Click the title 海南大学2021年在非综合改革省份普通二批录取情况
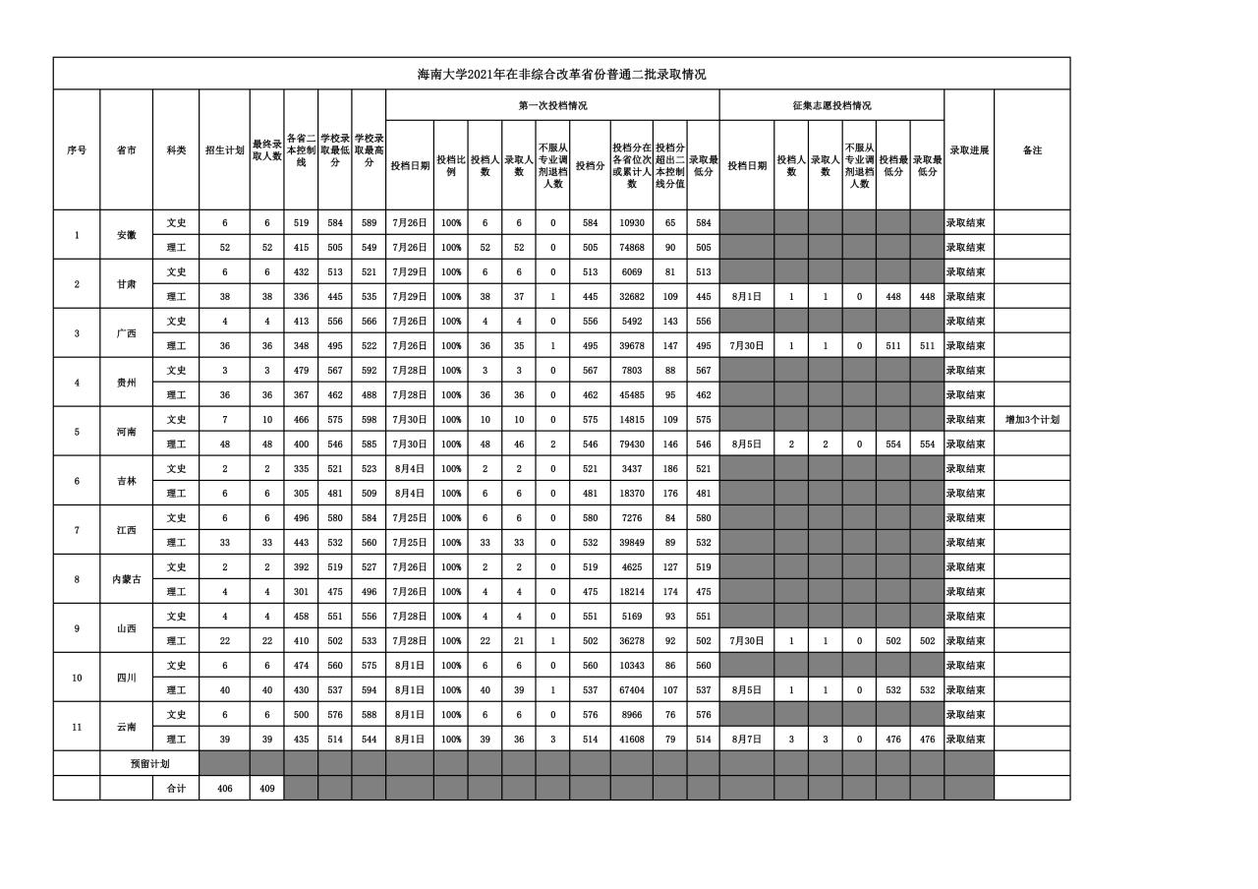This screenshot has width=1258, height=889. coord(561,74)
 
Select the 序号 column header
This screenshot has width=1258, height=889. coord(77,150)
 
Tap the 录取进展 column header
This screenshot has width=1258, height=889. coord(968,150)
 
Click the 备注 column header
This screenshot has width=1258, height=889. coord(1032,150)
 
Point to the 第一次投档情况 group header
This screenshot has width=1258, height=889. coord(552,105)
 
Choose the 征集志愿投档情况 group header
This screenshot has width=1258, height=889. coord(831,105)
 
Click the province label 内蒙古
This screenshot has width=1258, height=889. coord(126,579)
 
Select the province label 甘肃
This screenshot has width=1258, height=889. coord(126,284)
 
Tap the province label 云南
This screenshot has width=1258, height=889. coord(126,727)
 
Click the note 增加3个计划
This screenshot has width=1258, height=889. coord(1032,420)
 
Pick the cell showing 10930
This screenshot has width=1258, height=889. coord(631,223)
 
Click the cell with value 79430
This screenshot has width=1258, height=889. coord(631,444)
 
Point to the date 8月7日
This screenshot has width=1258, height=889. coord(747,740)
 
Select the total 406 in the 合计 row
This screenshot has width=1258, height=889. coord(224,789)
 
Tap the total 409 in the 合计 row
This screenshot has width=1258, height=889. coord(266,789)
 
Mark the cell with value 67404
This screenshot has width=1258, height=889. coord(631,690)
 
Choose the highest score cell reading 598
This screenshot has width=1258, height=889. coord(369,420)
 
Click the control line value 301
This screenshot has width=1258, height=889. coord(301,592)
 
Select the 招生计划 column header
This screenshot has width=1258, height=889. coord(224,150)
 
